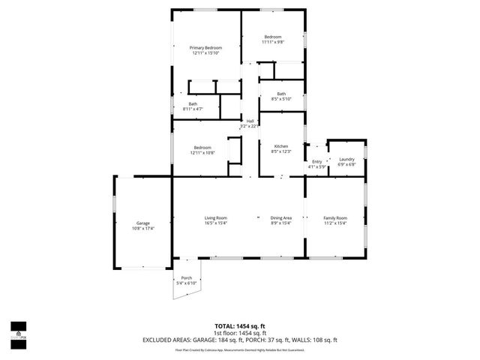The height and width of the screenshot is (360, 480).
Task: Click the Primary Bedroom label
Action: tap(205, 48)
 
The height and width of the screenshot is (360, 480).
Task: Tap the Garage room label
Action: tap(142, 223)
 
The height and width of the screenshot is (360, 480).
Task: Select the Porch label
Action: tap(186, 278)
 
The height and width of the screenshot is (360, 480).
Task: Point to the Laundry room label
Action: tap(346, 159)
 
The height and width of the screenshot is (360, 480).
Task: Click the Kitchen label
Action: tap(281, 146)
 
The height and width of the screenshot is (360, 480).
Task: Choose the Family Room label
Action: tap(335, 217)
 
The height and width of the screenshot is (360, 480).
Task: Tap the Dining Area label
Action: tap(281, 217)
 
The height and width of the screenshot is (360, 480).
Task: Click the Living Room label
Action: tap(216, 217)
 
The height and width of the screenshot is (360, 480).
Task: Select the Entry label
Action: tap(316, 161)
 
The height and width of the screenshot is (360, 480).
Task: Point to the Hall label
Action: tap(249, 121)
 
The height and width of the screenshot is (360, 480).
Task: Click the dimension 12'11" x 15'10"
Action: tap(205, 53)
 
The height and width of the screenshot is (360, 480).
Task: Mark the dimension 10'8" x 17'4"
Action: tap(142, 228)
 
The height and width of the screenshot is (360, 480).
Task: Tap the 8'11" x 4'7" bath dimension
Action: tap(193, 109)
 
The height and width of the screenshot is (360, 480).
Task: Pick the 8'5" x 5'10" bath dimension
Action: tap(281, 99)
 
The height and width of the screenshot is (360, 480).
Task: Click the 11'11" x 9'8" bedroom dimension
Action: tap(272, 42)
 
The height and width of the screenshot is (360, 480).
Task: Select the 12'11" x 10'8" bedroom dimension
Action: tap(202, 153)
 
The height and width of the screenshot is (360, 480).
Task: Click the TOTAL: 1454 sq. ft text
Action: tap(240, 326)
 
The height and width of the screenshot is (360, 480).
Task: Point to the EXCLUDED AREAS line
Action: tap(240, 340)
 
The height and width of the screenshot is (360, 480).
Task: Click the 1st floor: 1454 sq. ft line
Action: tap(240, 333)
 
